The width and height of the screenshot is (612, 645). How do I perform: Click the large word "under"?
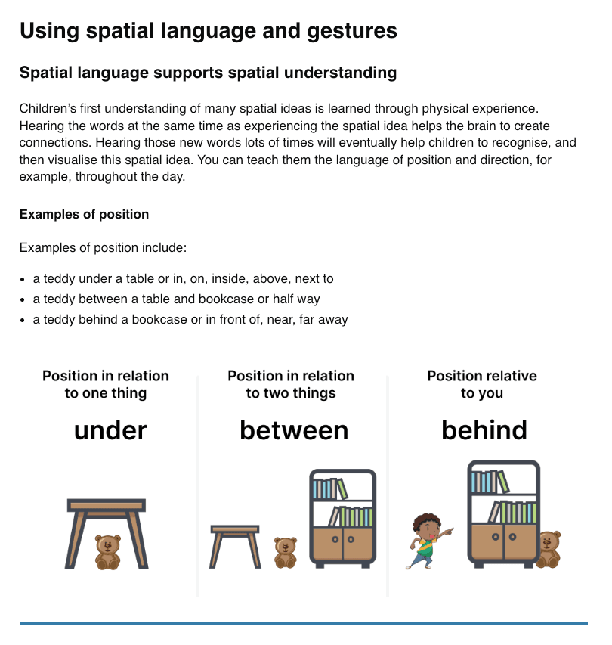(x=110, y=431)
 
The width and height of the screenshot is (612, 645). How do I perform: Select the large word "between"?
(x=294, y=431)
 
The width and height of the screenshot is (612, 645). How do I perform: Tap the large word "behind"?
(x=484, y=431)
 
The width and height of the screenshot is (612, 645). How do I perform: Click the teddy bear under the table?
(x=108, y=552)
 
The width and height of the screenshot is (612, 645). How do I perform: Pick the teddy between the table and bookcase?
(x=285, y=553)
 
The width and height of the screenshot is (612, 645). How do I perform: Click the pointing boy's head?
(x=427, y=526)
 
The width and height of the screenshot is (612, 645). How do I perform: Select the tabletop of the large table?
(x=107, y=505)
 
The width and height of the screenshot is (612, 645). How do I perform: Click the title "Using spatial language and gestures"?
(x=208, y=31)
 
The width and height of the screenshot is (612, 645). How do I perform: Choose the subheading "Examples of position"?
(x=84, y=215)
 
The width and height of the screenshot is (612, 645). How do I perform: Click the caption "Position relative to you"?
(x=482, y=384)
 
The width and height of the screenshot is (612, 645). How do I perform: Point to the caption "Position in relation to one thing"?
(x=106, y=384)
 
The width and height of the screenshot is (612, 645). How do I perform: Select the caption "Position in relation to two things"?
(x=291, y=384)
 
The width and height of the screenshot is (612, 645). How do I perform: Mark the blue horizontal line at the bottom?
(x=303, y=624)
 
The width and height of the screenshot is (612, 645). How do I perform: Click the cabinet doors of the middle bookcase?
(x=342, y=544)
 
